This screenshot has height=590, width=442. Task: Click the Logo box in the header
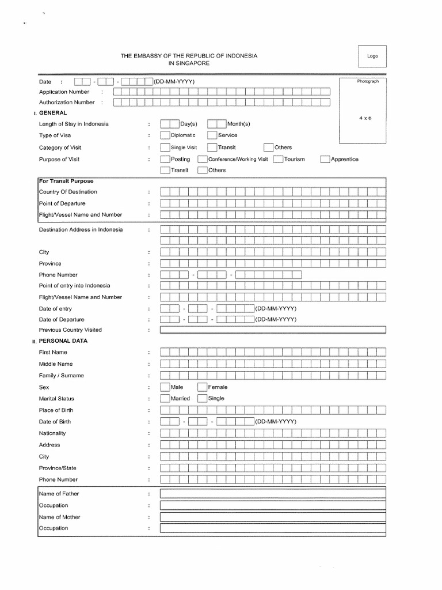tap(372, 56)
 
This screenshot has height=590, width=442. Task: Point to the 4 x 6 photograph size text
tap(365, 118)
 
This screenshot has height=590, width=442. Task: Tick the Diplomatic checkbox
tap(165, 135)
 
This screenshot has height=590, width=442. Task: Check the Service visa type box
tap(212, 135)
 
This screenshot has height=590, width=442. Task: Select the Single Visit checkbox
tap(165, 147)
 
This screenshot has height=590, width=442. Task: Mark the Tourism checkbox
tap(278, 159)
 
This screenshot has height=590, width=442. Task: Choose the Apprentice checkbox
tap(325, 159)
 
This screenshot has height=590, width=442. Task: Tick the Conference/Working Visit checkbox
tap(203, 159)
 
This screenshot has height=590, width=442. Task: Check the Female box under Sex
tap(203, 387)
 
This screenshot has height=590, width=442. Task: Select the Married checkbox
tap(165, 398)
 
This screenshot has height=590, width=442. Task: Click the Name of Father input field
tap(273, 494)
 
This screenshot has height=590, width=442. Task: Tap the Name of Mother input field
tap(273, 517)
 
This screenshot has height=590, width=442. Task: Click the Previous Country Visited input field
tap(273, 330)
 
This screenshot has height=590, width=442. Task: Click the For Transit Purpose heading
tap(66, 181)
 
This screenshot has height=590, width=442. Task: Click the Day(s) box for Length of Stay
tap(169, 124)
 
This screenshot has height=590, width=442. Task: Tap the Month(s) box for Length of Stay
tap(216, 124)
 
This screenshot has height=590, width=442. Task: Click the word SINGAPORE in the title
tap(189, 63)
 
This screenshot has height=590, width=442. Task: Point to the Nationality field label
tap(52, 433)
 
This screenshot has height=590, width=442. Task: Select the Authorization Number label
tap(66, 103)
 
